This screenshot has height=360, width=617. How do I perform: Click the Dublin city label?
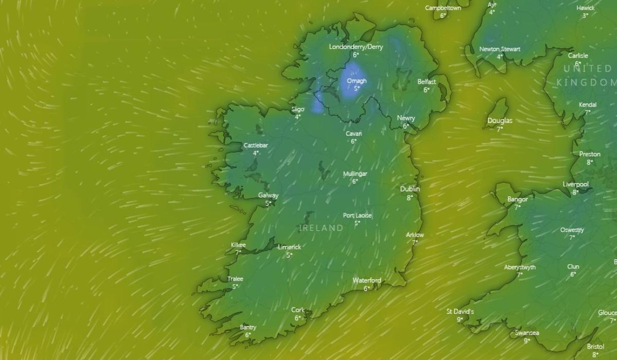(410, 189)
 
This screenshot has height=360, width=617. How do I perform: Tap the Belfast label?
(426, 82)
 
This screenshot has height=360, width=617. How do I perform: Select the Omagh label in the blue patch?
(356, 81)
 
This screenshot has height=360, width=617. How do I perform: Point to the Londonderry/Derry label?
(356, 47)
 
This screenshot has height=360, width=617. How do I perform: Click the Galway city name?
(268, 195)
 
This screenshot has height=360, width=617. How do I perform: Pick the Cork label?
(298, 310)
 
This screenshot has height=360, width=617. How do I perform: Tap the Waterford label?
(367, 280)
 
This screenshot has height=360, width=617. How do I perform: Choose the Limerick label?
(289, 247)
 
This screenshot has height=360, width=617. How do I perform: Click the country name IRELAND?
(321, 227)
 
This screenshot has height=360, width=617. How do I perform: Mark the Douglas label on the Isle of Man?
(500, 120)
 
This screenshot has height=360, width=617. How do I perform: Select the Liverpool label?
(575, 184)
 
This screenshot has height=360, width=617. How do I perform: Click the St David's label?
(460, 311)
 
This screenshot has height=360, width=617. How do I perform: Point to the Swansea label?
(527, 333)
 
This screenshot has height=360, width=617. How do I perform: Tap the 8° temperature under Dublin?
(410, 197)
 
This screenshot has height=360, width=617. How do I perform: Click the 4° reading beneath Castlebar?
(256, 153)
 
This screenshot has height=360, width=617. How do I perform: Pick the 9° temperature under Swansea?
(527, 340)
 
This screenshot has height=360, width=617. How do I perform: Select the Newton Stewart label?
(499, 49)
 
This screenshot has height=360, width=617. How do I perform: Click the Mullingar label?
(355, 173)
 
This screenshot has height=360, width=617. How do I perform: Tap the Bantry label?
(248, 327)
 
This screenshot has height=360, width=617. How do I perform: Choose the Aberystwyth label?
(519, 267)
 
